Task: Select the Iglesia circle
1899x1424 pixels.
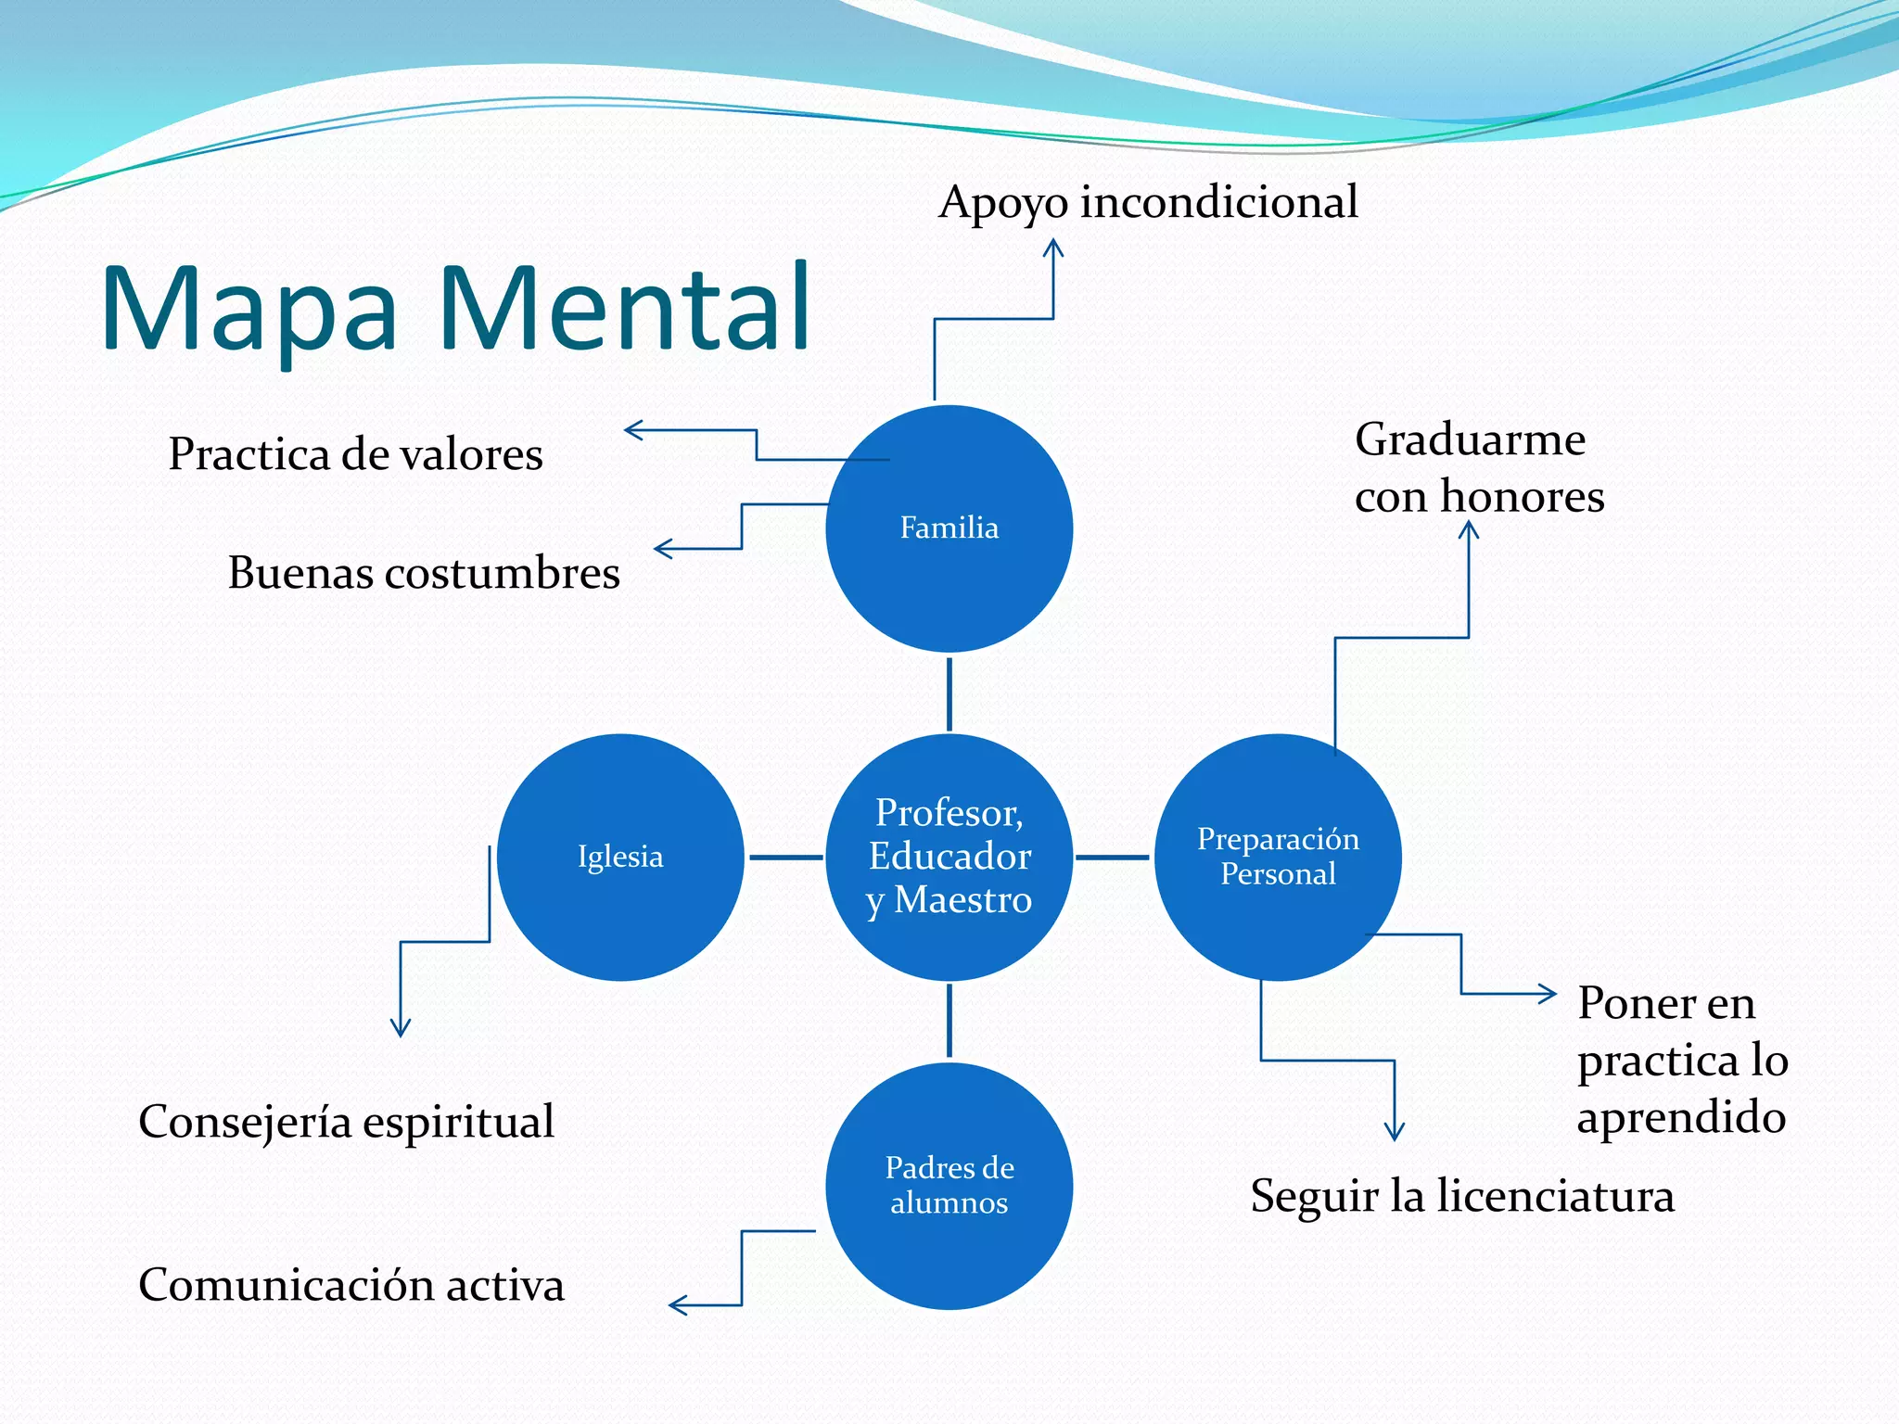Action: [620, 890]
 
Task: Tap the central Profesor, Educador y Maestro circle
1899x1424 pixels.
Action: [949, 857]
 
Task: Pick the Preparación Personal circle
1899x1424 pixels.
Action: [1278, 890]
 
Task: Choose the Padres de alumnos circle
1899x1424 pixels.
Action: [949, 1233]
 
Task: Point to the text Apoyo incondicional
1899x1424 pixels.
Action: [1148, 202]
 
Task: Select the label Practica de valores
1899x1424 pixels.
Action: [355, 454]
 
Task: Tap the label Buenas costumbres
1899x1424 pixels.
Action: [424, 573]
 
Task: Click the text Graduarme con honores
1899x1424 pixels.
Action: [1478, 467]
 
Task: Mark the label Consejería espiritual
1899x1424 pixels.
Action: [346, 1122]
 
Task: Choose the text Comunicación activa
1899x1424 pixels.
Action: [351, 1285]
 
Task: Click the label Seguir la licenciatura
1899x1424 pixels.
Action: [1462, 1196]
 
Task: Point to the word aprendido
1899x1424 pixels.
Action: [1681, 1118]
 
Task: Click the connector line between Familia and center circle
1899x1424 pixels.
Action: [949, 693]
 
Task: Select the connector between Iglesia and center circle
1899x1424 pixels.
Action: [784, 858]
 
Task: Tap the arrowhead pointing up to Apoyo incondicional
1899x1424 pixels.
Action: [1053, 247]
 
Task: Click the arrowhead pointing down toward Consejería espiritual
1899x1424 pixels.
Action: [401, 1029]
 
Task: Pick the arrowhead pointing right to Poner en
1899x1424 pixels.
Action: [1549, 994]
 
